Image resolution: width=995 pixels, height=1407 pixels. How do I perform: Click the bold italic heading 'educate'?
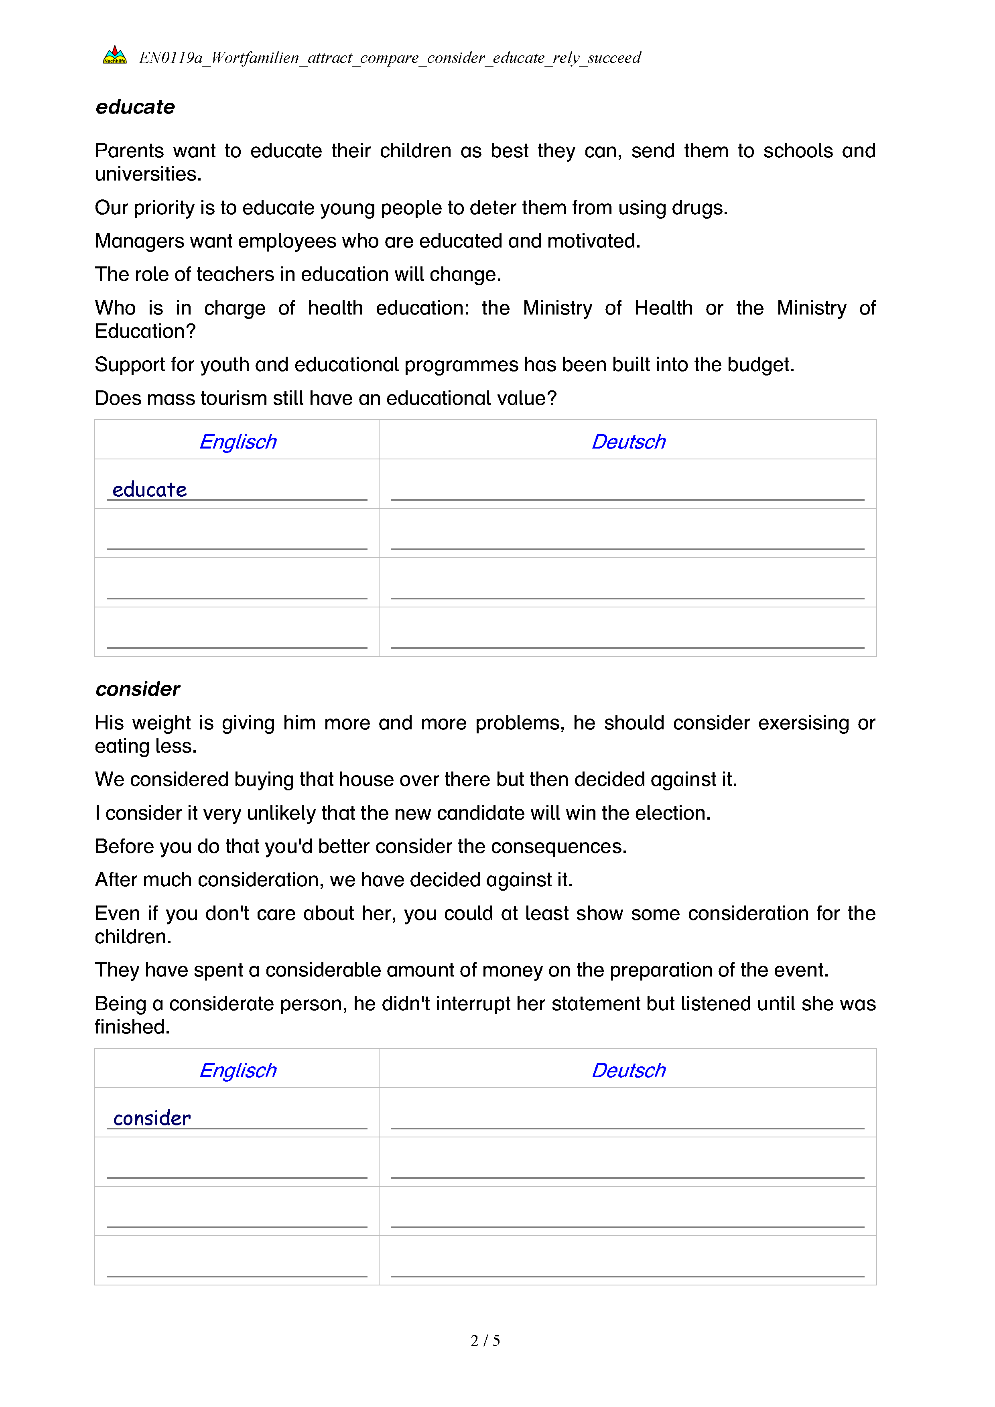pyautogui.click(x=135, y=107)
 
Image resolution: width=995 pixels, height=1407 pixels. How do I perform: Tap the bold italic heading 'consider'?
pyautogui.click(x=138, y=689)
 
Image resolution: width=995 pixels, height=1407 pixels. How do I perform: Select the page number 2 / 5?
pyautogui.click(x=485, y=1340)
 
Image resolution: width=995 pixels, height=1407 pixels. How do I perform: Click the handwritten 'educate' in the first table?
pyautogui.click(x=150, y=489)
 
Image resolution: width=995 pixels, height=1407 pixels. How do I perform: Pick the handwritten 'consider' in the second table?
pyautogui.click(x=152, y=1119)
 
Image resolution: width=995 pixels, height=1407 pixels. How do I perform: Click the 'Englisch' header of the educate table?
pyautogui.click(x=238, y=441)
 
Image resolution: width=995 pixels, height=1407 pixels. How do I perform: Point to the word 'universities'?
pyautogui.click(x=147, y=175)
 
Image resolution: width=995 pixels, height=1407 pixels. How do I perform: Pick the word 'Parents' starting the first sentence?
pyautogui.click(x=129, y=151)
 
